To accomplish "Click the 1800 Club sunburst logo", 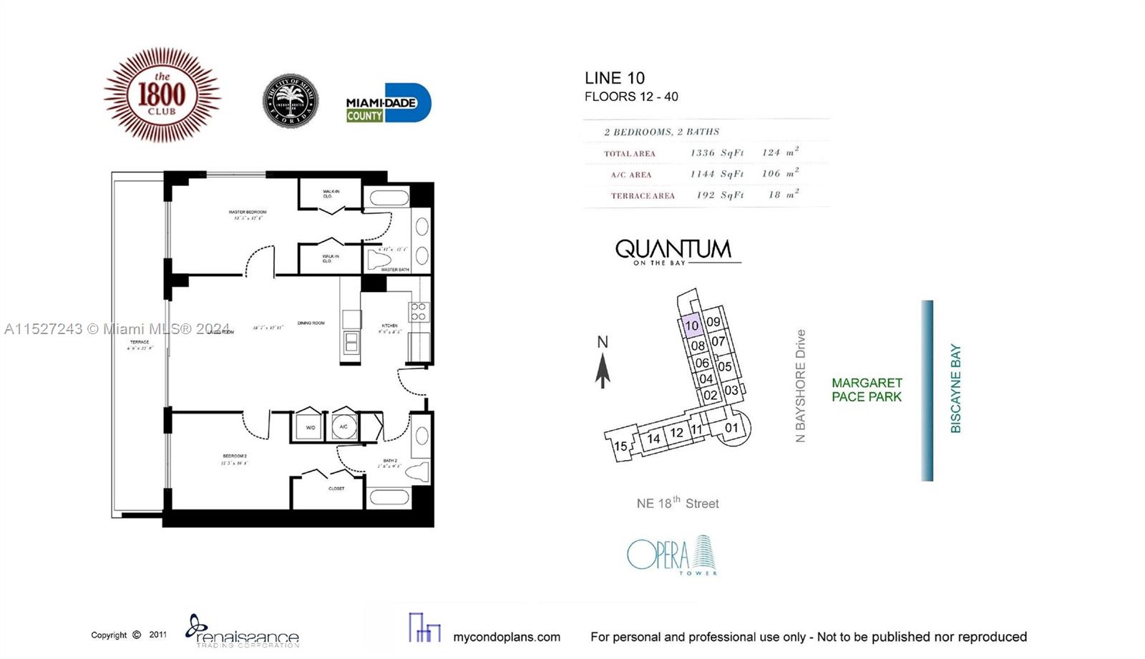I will coord(162,95).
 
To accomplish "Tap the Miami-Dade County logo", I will coord(388,104).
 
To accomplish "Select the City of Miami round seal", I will coord(290,101).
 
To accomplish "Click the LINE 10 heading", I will coord(614,78).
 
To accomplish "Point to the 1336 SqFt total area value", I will coord(717,152).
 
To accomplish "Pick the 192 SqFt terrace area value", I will coord(720,195).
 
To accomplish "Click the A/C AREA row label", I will coord(630,175).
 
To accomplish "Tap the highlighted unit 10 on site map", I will coord(691,326).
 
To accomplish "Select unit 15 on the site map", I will coord(620,446).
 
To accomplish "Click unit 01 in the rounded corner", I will coord(731,428).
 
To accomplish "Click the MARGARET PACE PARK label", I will coord(866,390).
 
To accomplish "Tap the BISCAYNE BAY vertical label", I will coord(955,389).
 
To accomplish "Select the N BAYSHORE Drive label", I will coord(800,386).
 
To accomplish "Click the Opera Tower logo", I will coord(671,555).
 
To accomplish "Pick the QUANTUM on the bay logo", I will coord(673,251).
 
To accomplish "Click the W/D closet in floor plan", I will coord(310,426).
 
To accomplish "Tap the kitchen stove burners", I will coord(419,311).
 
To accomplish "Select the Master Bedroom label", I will coord(247,213).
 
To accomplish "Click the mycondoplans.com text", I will coord(506,637).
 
